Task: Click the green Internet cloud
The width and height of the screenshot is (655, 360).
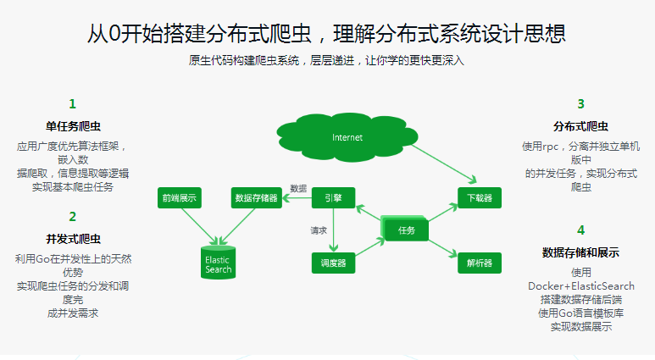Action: click(x=347, y=137)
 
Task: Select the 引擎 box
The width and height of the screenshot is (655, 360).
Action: click(x=333, y=198)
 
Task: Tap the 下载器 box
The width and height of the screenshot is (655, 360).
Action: click(x=479, y=198)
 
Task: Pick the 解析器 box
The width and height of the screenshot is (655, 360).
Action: click(x=479, y=263)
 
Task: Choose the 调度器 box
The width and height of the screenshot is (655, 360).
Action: click(x=333, y=263)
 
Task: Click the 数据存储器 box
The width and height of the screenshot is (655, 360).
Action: click(x=255, y=198)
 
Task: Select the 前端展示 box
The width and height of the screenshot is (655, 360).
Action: click(x=179, y=198)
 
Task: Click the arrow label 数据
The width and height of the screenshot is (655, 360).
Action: click(x=298, y=188)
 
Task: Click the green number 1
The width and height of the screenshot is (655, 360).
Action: click(x=73, y=104)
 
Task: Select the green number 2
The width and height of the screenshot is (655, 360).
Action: click(x=73, y=217)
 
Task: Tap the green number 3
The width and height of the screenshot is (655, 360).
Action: click(x=580, y=104)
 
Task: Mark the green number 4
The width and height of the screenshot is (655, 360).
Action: click(x=580, y=230)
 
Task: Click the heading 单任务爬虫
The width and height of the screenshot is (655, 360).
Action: click(x=73, y=126)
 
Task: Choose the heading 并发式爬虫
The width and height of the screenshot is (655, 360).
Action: click(x=73, y=238)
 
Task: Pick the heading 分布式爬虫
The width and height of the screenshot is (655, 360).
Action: click(x=580, y=126)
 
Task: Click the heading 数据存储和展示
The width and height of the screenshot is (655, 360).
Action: click(x=580, y=252)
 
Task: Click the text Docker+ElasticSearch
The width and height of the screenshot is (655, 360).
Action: click(x=580, y=286)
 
